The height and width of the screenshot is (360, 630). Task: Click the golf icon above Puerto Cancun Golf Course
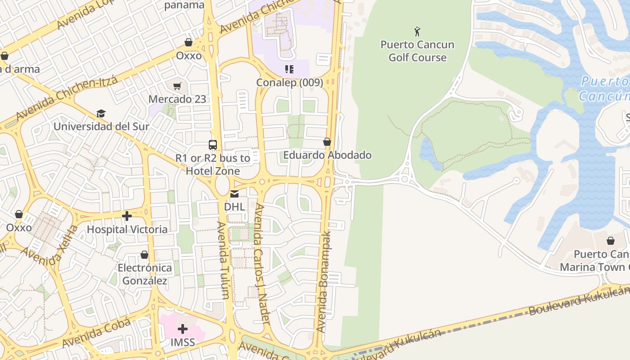click(x=417, y=31)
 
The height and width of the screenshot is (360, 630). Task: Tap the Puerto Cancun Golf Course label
click(x=417, y=51)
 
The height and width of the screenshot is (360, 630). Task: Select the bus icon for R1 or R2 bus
click(x=213, y=145)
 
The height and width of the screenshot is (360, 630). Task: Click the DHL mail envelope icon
click(x=234, y=194)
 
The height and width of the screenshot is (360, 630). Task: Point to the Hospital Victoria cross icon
click(x=127, y=216)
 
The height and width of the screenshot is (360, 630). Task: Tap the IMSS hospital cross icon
click(x=183, y=329)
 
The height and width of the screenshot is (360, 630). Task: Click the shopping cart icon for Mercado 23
click(x=177, y=86)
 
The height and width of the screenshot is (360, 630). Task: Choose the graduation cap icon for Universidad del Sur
click(x=101, y=113)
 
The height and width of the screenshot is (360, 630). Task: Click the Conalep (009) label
click(x=289, y=83)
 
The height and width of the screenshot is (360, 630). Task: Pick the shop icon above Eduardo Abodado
click(x=327, y=142)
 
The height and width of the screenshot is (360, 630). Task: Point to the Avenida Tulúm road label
click(x=223, y=260)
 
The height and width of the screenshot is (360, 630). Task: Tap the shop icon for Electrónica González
click(x=144, y=255)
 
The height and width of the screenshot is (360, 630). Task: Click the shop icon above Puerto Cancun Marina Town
click(x=611, y=241)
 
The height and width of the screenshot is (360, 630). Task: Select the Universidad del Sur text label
click(x=101, y=126)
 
